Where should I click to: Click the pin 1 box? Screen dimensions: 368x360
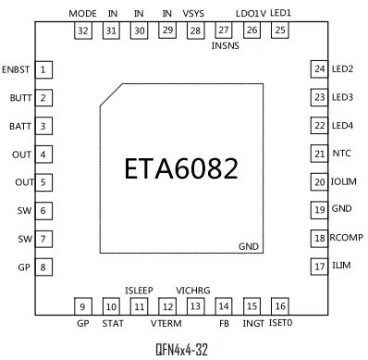pyautogui.click(x=43, y=69)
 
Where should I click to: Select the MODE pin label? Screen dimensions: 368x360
pyautogui.click(x=82, y=14)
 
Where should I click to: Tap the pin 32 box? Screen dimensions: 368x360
pyautogui.click(x=83, y=31)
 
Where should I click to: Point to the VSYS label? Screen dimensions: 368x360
pyautogui.click(x=193, y=14)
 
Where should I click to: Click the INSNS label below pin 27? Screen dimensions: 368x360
pyautogui.click(x=226, y=45)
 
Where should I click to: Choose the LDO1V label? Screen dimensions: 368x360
pyautogui.click(x=251, y=14)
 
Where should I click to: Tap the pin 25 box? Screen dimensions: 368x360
pyautogui.click(x=280, y=30)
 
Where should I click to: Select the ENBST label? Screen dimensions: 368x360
pyautogui.click(x=16, y=69)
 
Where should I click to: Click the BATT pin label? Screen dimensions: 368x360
pyautogui.click(x=20, y=126)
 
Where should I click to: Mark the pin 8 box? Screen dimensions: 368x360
pyautogui.click(x=43, y=267)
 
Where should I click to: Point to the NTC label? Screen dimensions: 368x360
pyautogui.click(x=341, y=154)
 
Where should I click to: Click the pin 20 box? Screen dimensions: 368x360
pyautogui.click(x=319, y=182)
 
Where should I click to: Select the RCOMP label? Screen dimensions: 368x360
pyautogui.click(x=347, y=238)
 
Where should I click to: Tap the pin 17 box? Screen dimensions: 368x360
pyautogui.click(x=319, y=267)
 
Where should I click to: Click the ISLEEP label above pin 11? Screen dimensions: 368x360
pyautogui.click(x=139, y=291)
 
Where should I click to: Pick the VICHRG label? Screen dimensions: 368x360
pyautogui.click(x=193, y=291)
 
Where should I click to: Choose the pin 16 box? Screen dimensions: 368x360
pyautogui.click(x=280, y=306)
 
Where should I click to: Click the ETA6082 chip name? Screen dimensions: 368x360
pyautogui.click(x=181, y=168)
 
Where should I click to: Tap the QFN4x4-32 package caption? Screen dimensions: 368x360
pyautogui.click(x=182, y=350)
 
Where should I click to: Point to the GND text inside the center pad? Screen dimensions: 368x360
pyautogui.click(x=249, y=246)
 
